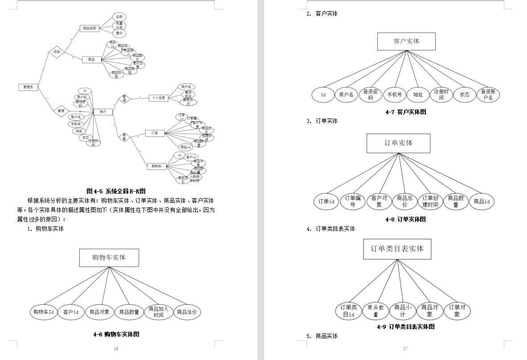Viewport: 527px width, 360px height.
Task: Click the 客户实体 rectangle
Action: [x=406, y=41]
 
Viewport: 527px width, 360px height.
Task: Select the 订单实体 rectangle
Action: [x=398, y=143]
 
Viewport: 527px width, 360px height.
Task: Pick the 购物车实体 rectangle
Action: [x=109, y=258]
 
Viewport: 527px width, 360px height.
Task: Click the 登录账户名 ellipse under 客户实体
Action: [x=488, y=94]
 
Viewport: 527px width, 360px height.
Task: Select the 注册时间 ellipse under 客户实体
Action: [x=441, y=94]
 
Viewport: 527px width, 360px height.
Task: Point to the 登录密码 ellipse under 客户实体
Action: [x=370, y=94]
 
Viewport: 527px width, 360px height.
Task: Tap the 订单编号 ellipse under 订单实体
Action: [x=352, y=201]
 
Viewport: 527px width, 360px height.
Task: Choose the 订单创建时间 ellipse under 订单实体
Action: [x=430, y=201]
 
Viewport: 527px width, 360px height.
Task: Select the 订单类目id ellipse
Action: [x=348, y=311]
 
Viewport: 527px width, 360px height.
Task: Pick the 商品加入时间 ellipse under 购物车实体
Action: [x=158, y=312]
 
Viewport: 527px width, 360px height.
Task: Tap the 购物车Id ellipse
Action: [x=44, y=312]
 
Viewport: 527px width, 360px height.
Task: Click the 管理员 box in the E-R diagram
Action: [x=28, y=87]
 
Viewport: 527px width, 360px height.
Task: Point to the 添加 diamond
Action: [x=57, y=52]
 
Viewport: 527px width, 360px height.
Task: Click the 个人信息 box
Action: [x=158, y=98]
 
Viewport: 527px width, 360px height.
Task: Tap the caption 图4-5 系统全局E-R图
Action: [x=116, y=191]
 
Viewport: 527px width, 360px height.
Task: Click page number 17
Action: [x=405, y=348]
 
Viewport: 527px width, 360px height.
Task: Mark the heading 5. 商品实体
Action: [x=323, y=336]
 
